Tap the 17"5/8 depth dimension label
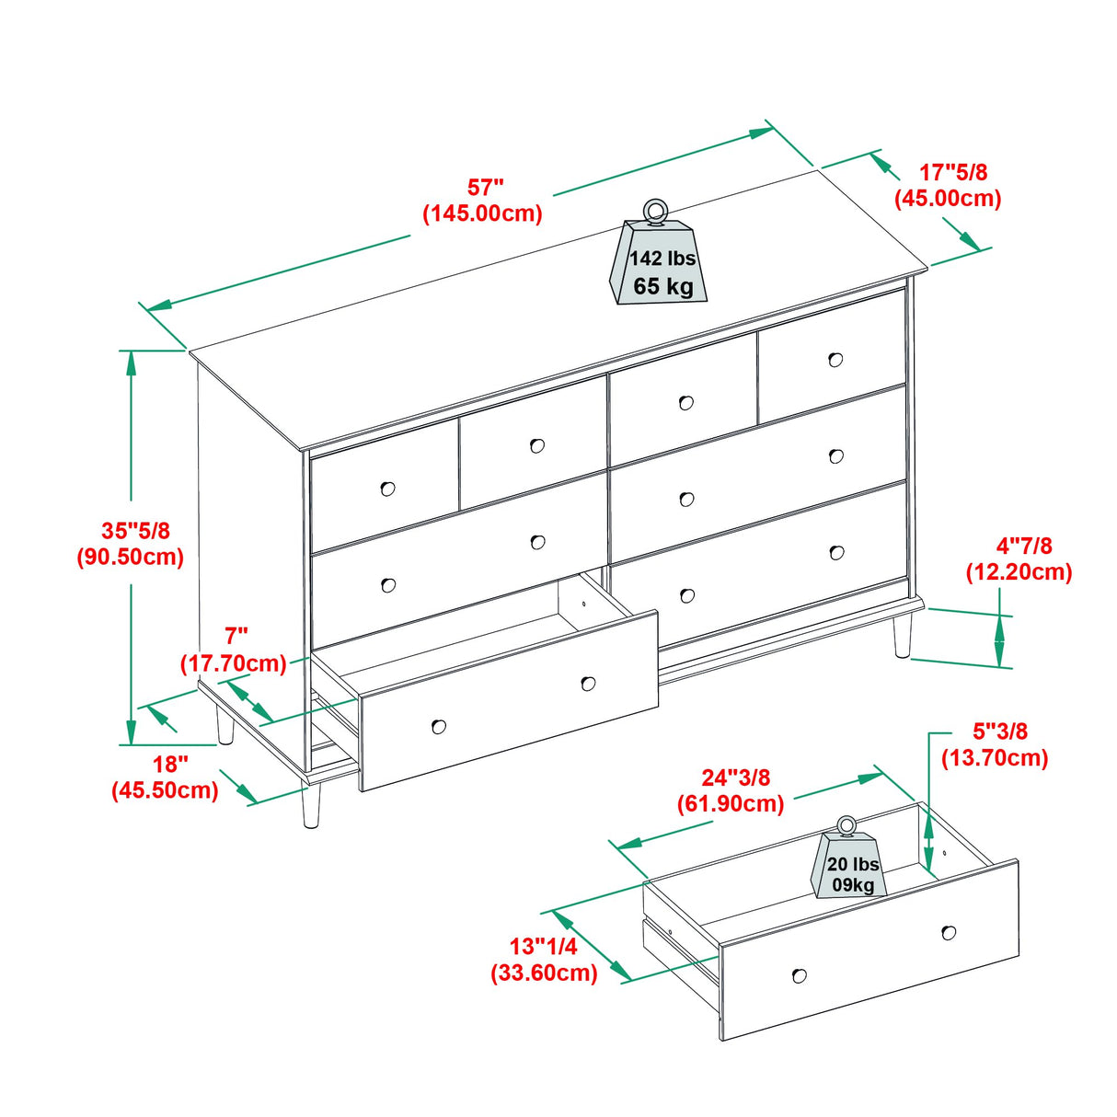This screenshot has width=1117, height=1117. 948,185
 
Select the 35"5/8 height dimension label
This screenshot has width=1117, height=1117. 131,544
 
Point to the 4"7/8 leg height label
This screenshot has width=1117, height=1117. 1019,559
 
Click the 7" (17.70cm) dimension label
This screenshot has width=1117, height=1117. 234,650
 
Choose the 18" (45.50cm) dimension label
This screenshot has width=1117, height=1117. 165,777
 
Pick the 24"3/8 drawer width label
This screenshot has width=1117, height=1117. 731,790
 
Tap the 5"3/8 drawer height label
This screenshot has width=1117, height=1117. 995,744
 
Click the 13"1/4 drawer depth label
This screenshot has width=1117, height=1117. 544,960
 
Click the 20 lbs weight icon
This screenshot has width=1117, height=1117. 850,865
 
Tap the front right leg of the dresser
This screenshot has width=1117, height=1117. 903,637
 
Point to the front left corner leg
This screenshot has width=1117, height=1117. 311,806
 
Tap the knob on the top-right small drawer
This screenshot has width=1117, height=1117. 835,360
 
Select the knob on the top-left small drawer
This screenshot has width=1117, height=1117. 387,489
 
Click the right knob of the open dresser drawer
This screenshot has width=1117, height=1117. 588,684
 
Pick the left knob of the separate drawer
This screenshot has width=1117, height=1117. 799,975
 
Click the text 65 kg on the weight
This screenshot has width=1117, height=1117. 662,286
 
